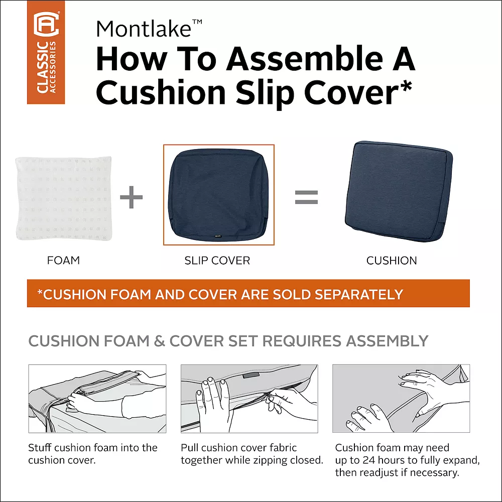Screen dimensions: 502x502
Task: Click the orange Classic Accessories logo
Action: point(46,52)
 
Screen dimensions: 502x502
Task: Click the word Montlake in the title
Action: point(144,29)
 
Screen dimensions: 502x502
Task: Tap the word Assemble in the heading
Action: point(305,59)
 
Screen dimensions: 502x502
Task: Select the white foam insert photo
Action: point(64,198)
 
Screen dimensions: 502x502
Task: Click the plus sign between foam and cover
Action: point(131,197)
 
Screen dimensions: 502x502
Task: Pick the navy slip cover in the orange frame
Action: point(219,194)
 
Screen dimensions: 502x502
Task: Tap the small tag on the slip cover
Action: point(218,236)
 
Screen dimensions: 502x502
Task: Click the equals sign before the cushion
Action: point(306,197)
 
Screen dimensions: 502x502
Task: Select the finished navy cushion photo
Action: point(399,191)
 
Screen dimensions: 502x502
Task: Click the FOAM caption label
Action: point(63,260)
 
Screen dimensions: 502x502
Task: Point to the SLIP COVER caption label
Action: point(217,261)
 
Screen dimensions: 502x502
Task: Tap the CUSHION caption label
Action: point(392,261)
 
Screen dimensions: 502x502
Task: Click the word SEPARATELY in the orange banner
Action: point(359,295)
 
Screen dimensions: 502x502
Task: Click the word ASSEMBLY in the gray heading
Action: point(387,341)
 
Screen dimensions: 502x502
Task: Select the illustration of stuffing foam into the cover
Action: point(97,399)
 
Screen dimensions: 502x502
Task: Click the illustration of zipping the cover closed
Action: point(249,399)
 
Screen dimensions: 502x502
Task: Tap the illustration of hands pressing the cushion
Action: point(401,398)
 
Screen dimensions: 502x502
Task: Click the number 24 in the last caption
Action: point(369,460)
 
